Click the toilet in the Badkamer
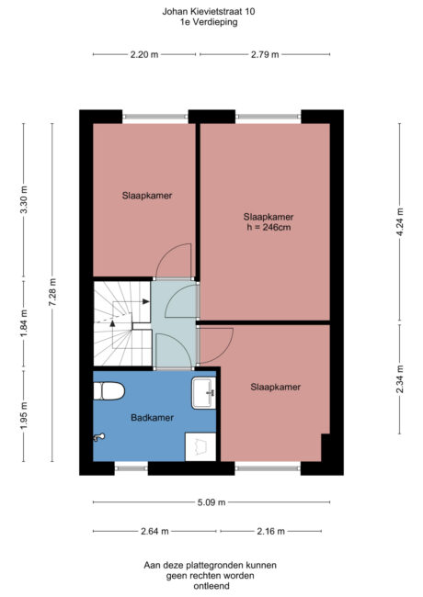(x=109, y=391)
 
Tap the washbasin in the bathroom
(x=202, y=393)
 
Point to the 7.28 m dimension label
(x=53, y=293)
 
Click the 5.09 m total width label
(x=211, y=502)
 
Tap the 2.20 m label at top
(x=144, y=55)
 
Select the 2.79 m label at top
(x=265, y=55)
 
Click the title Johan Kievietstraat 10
(x=211, y=12)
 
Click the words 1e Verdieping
(x=211, y=23)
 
